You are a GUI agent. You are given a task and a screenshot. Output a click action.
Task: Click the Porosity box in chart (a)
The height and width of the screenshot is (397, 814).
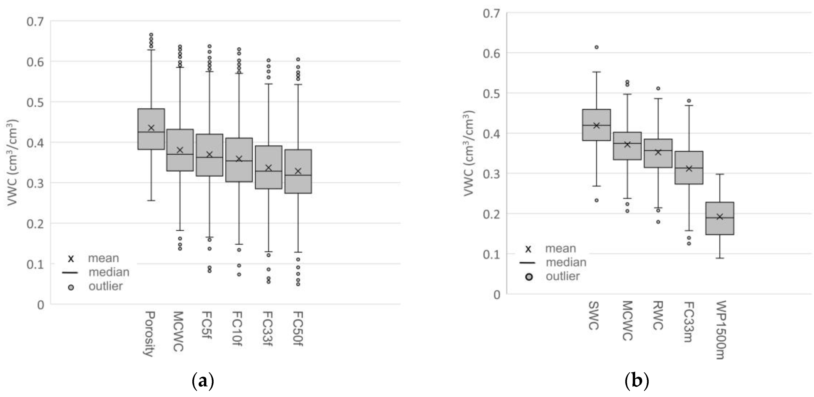(x=151, y=139)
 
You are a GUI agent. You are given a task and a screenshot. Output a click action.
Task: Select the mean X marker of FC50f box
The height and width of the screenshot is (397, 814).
(x=298, y=171)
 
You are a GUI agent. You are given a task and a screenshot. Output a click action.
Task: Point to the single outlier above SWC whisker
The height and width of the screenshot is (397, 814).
(x=597, y=47)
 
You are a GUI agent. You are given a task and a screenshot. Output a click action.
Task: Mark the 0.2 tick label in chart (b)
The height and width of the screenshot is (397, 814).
(x=492, y=214)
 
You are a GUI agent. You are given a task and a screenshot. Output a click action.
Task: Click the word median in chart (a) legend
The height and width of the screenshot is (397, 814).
(x=109, y=272)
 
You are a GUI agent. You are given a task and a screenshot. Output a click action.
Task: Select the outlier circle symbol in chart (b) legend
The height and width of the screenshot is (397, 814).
(x=529, y=277)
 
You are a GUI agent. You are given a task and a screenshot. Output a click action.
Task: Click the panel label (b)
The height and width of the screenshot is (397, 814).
(x=637, y=382)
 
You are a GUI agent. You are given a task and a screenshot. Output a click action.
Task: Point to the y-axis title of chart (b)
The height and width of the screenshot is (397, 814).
(x=469, y=153)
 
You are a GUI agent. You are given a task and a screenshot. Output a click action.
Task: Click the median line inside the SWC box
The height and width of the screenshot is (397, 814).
(x=596, y=125)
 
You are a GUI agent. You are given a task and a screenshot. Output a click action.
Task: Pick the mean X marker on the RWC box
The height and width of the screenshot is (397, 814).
(x=658, y=152)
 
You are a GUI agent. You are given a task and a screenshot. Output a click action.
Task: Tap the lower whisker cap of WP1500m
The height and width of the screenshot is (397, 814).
(x=719, y=258)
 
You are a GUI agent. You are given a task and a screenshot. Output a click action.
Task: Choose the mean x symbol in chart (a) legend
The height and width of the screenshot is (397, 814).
(x=71, y=259)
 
